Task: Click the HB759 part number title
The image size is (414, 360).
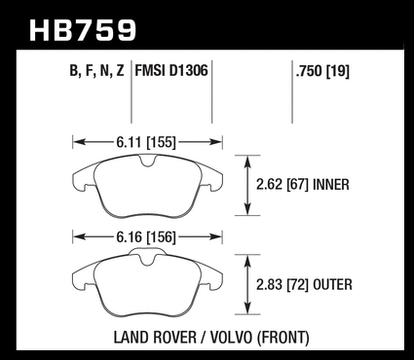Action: tap(83, 30)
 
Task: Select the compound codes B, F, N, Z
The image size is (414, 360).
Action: tap(96, 71)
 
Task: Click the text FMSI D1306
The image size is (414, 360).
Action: tap(171, 70)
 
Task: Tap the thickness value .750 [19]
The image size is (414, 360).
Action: tap(322, 71)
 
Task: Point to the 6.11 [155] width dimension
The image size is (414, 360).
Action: tap(146, 142)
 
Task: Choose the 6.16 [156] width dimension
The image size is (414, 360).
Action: tap(146, 237)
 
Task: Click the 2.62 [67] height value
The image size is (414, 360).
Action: tap(282, 185)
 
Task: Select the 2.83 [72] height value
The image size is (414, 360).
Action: tap(282, 285)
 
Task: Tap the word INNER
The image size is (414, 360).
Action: tap(331, 185)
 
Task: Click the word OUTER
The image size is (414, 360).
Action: tap(332, 285)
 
